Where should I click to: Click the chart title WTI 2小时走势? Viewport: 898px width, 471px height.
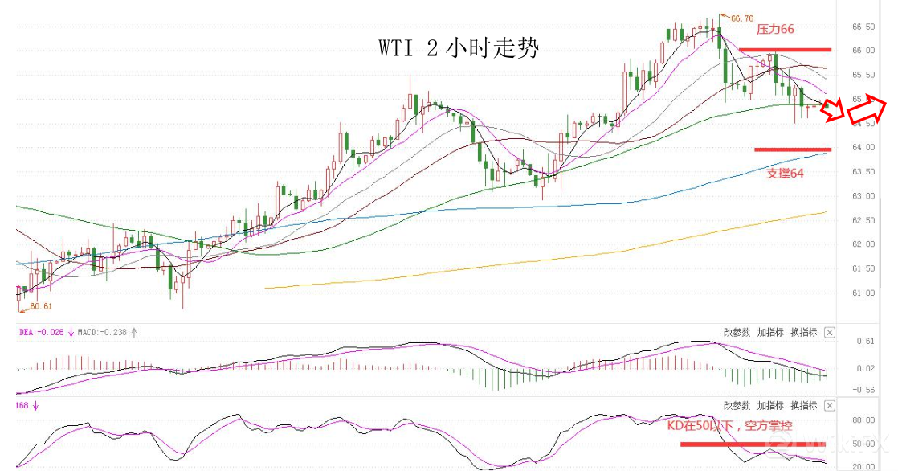pyautogui.click(x=459, y=49)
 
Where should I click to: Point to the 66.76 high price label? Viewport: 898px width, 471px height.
pyautogui.click(x=740, y=18)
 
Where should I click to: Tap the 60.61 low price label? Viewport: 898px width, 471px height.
pyautogui.click(x=41, y=306)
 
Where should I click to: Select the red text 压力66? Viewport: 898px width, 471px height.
pyautogui.click(x=775, y=29)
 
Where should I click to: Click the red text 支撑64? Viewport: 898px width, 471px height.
pyautogui.click(x=785, y=172)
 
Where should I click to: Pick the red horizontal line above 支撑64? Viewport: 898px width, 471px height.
pyautogui.click(x=792, y=149)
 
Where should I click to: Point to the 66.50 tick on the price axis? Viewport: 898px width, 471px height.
pyautogui.click(x=863, y=27)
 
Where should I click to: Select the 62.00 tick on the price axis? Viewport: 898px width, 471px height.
pyautogui.click(x=863, y=244)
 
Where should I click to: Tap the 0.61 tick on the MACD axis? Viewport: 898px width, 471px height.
pyautogui.click(x=864, y=342)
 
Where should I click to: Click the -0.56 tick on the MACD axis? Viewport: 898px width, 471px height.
pyautogui.click(x=863, y=390)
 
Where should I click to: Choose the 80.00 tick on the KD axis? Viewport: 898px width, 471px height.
pyautogui.click(x=863, y=420)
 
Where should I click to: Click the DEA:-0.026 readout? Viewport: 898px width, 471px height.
pyautogui.click(x=40, y=331)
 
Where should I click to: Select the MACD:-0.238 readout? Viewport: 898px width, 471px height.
pyautogui.click(x=102, y=331)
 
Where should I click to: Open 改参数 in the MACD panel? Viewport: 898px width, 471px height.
pyautogui.click(x=736, y=332)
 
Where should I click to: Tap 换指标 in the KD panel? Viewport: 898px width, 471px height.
pyautogui.click(x=803, y=405)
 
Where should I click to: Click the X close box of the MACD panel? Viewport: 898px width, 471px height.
pyautogui.click(x=830, y=332)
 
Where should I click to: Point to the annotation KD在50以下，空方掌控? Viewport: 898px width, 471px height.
pyautogui.click(x=729, y=425)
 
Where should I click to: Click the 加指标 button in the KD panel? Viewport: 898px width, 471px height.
pyautogui.click(x=769, y=405)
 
